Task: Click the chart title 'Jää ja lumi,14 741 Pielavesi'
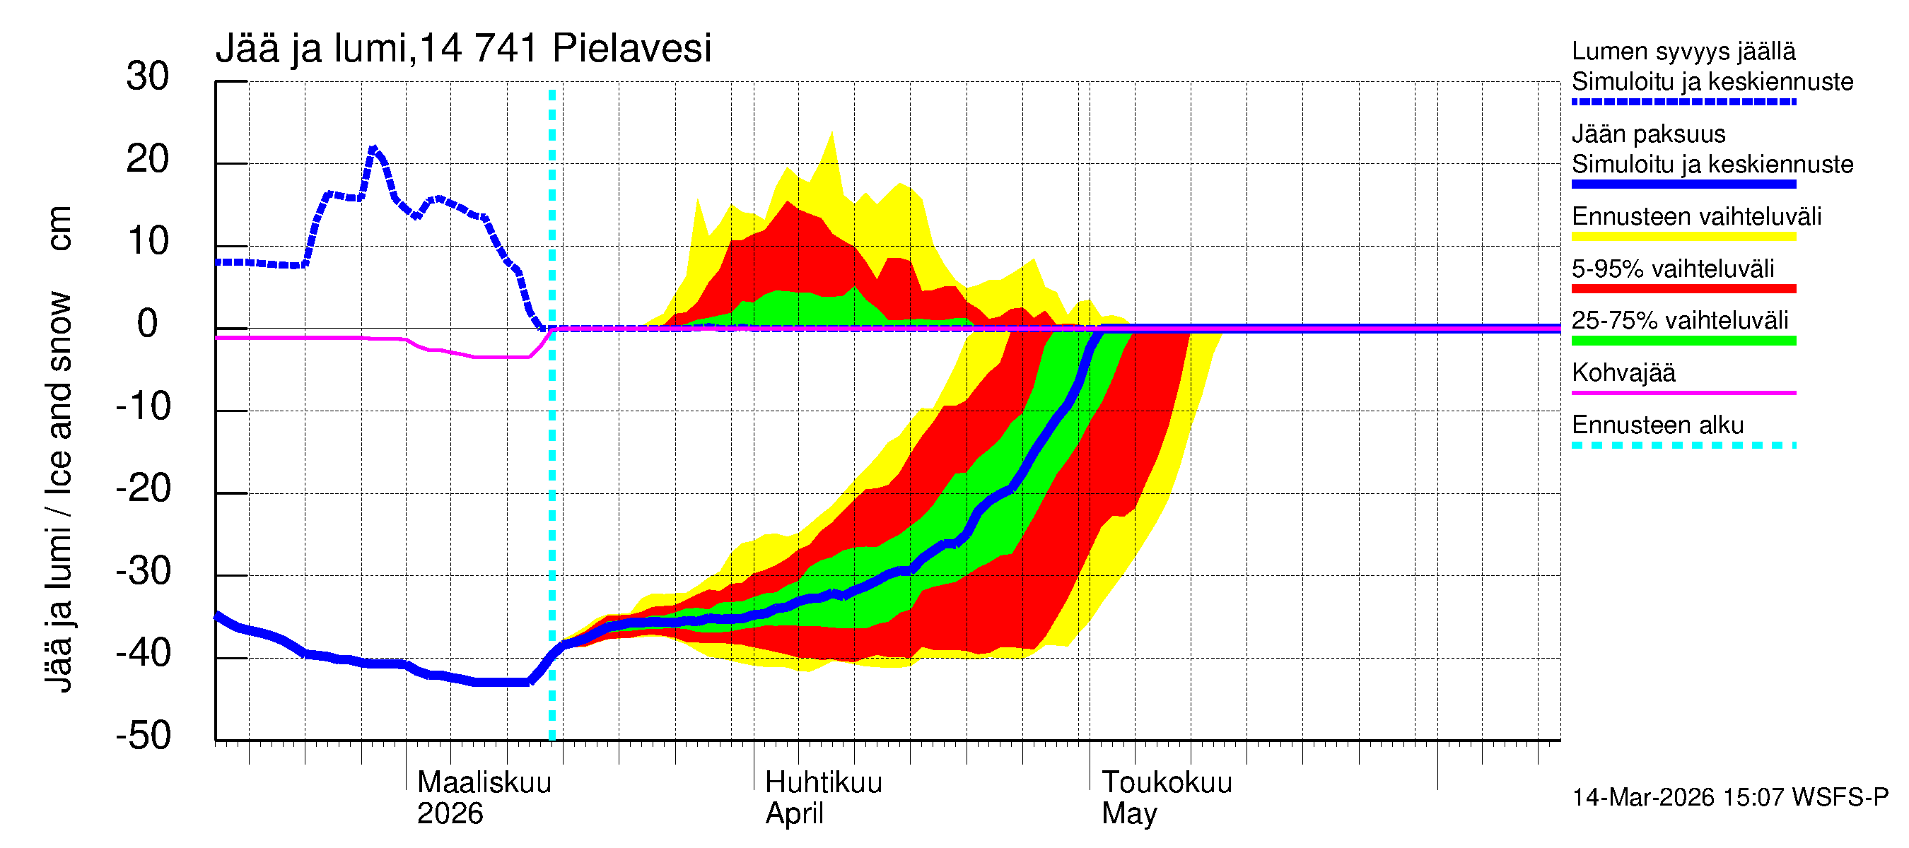point(463,49)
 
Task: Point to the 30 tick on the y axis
point(148,77)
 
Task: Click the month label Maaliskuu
point(484,783)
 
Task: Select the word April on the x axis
point(794,814)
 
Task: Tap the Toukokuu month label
point(1167,783)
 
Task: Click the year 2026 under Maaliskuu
point(450,814)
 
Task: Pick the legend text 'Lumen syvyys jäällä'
point(1683,52)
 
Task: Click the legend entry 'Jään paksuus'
point(1648,134)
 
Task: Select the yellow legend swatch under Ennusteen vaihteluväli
point(1683,237)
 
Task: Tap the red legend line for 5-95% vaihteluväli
point(1683,289)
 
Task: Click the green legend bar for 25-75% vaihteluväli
point(1683,341)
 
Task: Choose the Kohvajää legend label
point(1623,372)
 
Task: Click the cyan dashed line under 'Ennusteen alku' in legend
point(1683,445)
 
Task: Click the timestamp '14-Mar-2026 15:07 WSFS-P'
point(1729,798)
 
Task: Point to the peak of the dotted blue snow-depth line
point(373,149)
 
